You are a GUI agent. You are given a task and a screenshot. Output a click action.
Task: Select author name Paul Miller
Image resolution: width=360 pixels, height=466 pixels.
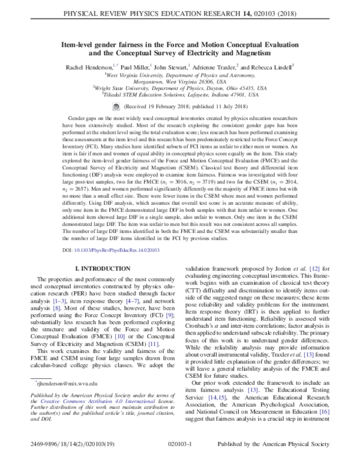click(136, 68)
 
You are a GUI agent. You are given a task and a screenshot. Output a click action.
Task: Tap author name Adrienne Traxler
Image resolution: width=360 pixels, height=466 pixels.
click(227, 68)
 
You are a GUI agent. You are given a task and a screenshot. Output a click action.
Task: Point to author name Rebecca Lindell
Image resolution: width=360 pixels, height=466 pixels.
click(275, 68)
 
